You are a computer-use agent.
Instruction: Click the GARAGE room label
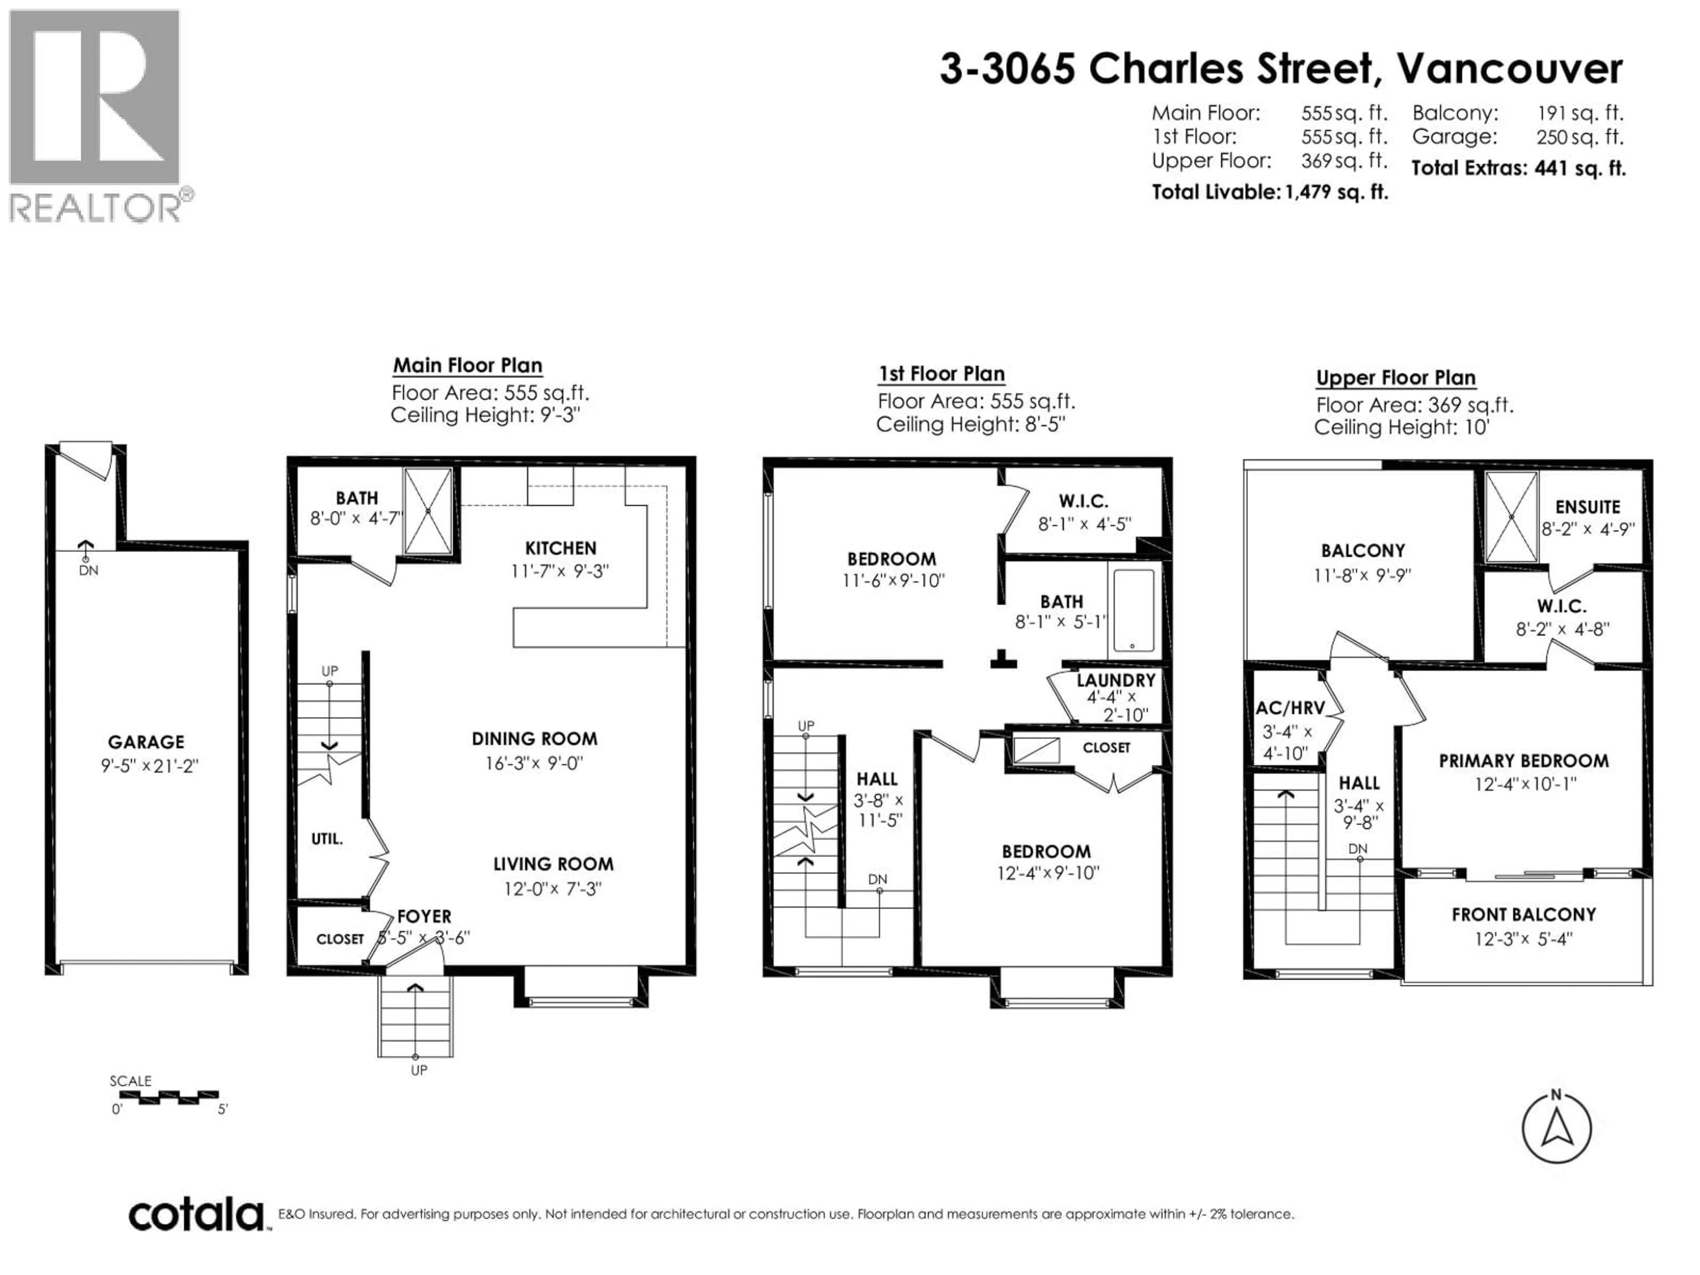(146, 742)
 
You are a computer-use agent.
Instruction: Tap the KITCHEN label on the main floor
(560, 548)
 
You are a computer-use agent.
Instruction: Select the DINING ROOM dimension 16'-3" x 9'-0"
(534, 763)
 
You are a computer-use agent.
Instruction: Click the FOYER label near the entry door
(424, 916)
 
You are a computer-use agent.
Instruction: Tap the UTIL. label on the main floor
(327, 838)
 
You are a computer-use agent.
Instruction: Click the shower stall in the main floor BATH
(428, 510)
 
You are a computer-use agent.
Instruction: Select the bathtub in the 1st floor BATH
(1134, 610)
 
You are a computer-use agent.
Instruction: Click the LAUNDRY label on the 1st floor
(1115, 680)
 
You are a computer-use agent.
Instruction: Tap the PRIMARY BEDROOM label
(1523, 761)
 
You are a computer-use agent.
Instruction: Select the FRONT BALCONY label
(1523, 915)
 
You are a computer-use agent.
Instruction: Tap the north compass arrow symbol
(1556, 1128)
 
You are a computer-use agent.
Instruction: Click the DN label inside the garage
(89, 570)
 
